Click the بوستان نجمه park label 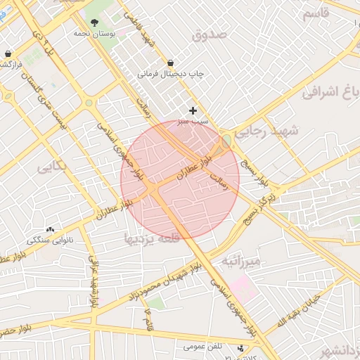[94, 33]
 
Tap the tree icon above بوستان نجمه [94, 22]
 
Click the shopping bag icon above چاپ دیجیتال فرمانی [171, 62]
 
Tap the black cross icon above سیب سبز [193, 110]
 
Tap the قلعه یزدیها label [152, 238]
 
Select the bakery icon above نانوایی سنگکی [50, 229]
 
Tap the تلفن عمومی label [204, 347]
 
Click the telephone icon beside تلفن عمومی [241, 347]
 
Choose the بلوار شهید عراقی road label [92, 281]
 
